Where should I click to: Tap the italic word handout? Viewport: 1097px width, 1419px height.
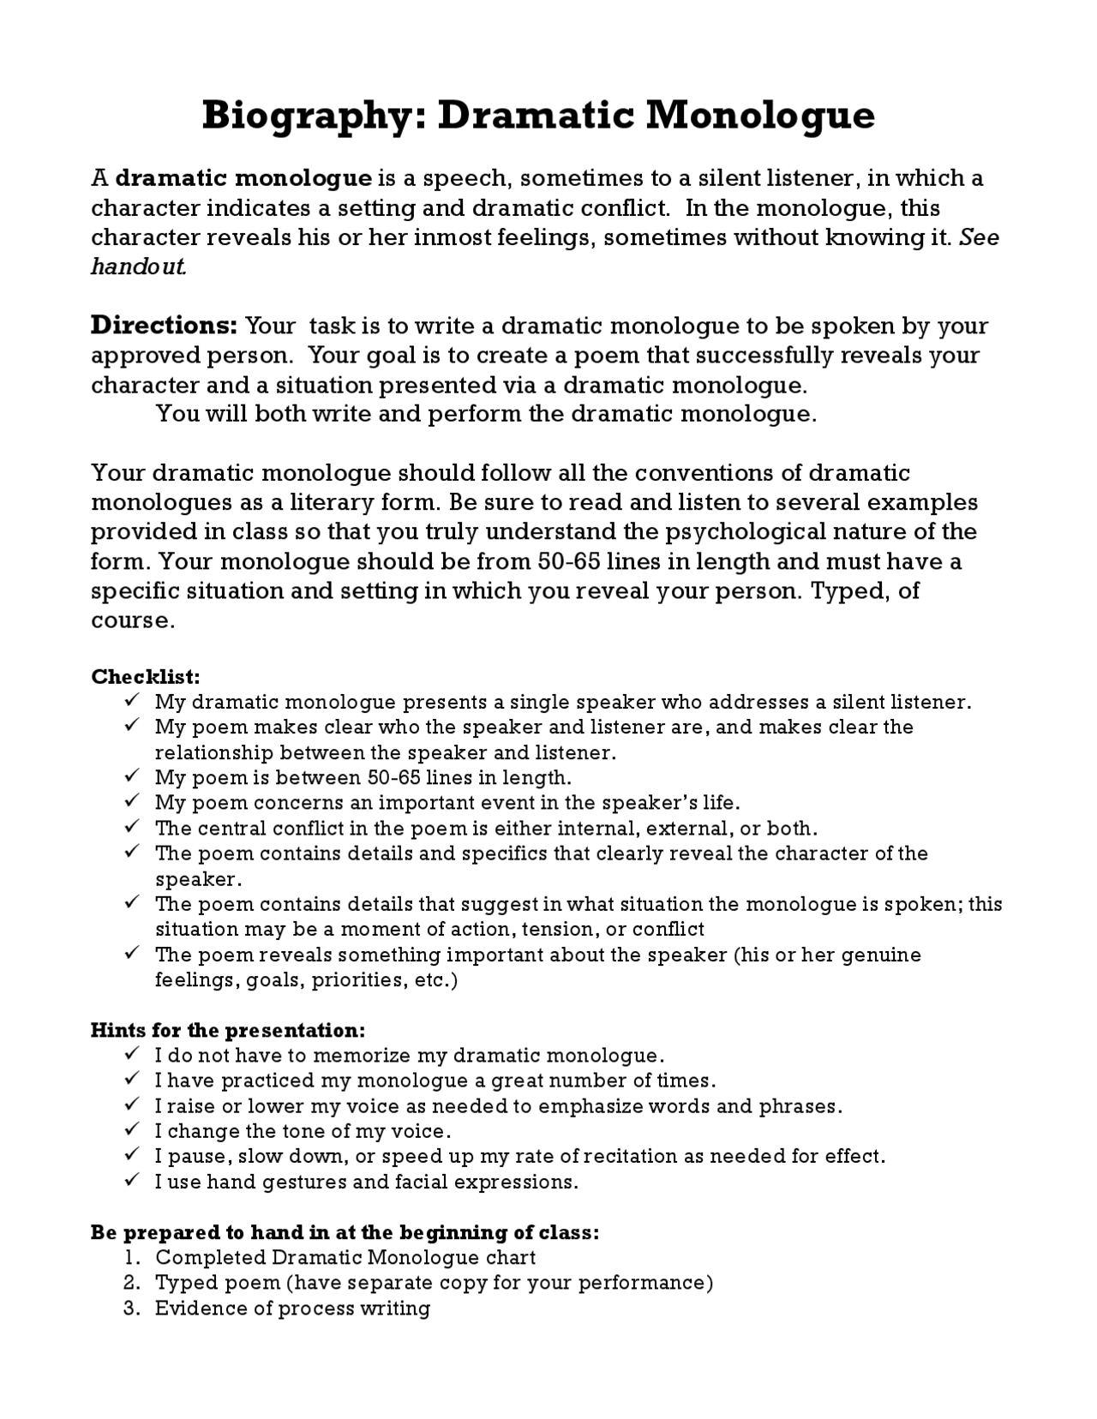tap(139, 266)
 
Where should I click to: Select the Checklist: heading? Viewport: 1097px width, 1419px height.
tap(146, 676)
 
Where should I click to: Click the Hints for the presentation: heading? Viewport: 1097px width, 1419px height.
tap(228, 1030)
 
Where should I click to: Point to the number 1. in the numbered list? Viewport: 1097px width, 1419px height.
tap(131, 1258)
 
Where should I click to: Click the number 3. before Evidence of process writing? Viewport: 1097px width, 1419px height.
tap(131, 1308)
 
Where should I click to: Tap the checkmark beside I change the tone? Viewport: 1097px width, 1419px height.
tap(132, 1130)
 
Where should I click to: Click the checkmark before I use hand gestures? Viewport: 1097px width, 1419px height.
tap(132, 1181)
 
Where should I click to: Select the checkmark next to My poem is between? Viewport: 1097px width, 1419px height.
tap(132, 776)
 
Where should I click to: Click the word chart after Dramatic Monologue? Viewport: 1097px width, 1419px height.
tap(510, 1258)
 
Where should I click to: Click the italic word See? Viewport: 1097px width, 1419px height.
tap(979, 237)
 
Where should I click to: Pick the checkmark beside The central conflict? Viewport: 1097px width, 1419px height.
tap(132, 827)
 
